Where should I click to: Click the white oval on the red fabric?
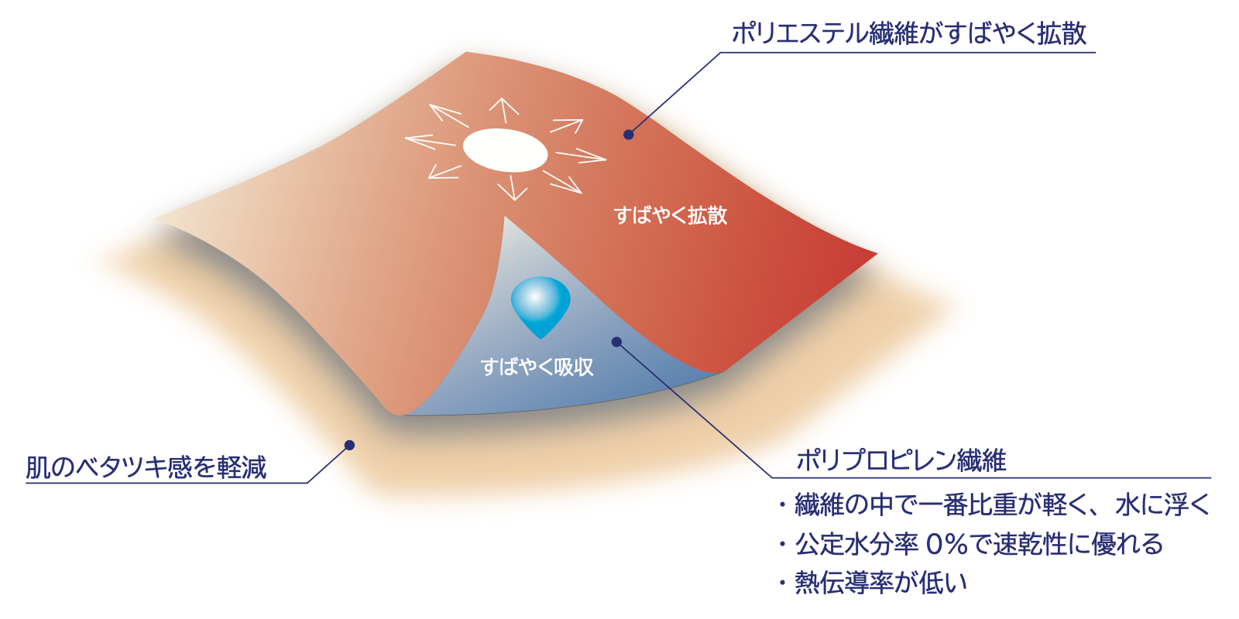505,150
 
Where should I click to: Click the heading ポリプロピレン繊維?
901,460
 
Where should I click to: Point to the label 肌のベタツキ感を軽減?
146,467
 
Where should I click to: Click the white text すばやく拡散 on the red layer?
671,215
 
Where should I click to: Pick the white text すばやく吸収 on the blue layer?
537,367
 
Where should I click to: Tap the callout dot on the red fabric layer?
629,135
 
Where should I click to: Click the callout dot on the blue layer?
616,341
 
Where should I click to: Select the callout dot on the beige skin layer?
349,445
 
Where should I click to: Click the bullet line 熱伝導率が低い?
881,583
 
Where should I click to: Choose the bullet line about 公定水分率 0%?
979,544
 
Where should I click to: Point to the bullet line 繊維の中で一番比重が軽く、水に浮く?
1002,505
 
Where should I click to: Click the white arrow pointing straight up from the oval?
504,110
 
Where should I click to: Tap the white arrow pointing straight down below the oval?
512,188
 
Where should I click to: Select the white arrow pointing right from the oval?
581,157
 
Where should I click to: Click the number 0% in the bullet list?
946,544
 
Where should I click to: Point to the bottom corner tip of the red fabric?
398,413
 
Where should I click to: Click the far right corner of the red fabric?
875,254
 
